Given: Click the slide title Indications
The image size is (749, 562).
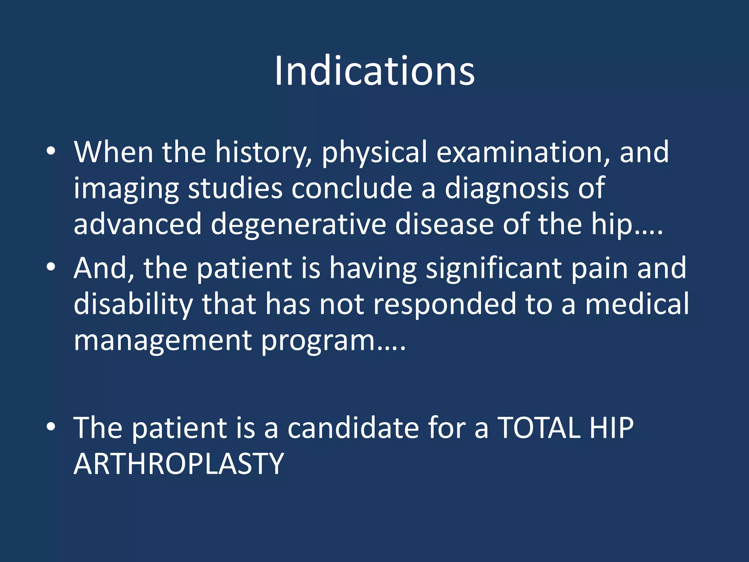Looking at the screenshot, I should pos(374,71).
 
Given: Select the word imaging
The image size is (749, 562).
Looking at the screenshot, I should pos(126,189).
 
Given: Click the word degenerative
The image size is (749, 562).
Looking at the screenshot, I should pos(298,224).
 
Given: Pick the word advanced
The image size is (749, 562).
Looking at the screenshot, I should pos(138,224).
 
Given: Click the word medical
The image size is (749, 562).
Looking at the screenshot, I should pos(637,304).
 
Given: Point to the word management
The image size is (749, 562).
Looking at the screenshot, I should pos(163,341).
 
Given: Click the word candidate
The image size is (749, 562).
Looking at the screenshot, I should pos(353,428).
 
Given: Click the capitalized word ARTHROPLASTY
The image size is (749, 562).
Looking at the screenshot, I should pos(178,464).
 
